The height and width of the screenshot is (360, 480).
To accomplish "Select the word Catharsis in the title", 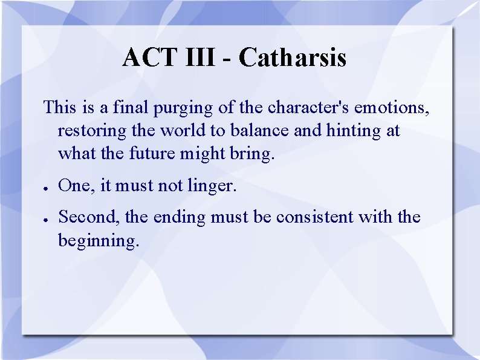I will click(293, 58).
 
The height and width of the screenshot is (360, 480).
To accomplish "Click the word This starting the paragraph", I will click(60, 108).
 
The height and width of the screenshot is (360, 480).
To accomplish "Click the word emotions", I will click(392, 108).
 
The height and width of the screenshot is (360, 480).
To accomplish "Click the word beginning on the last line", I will click(99, 241).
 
